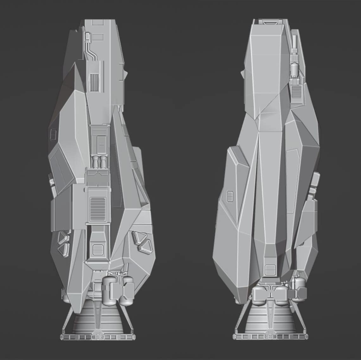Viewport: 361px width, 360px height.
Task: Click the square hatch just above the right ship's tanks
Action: (x=269, y=270)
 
